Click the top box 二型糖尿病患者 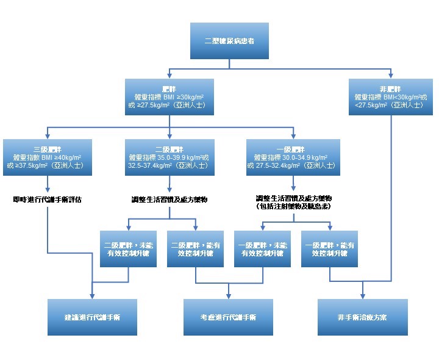tap(229, 41)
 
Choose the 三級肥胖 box tap(48, 157)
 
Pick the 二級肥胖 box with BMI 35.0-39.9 tap(170, 157)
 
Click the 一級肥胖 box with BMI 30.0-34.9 tap(293, 157)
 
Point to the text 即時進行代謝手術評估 tap(48, 199)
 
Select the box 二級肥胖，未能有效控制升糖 tap(128, 249)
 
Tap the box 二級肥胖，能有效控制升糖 tap(195, 249)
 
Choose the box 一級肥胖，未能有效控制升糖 tap(262, 249)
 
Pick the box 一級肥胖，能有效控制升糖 tap(329, 249)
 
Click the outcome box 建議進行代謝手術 tap(91, 317)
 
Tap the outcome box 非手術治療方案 tap(362, 317)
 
